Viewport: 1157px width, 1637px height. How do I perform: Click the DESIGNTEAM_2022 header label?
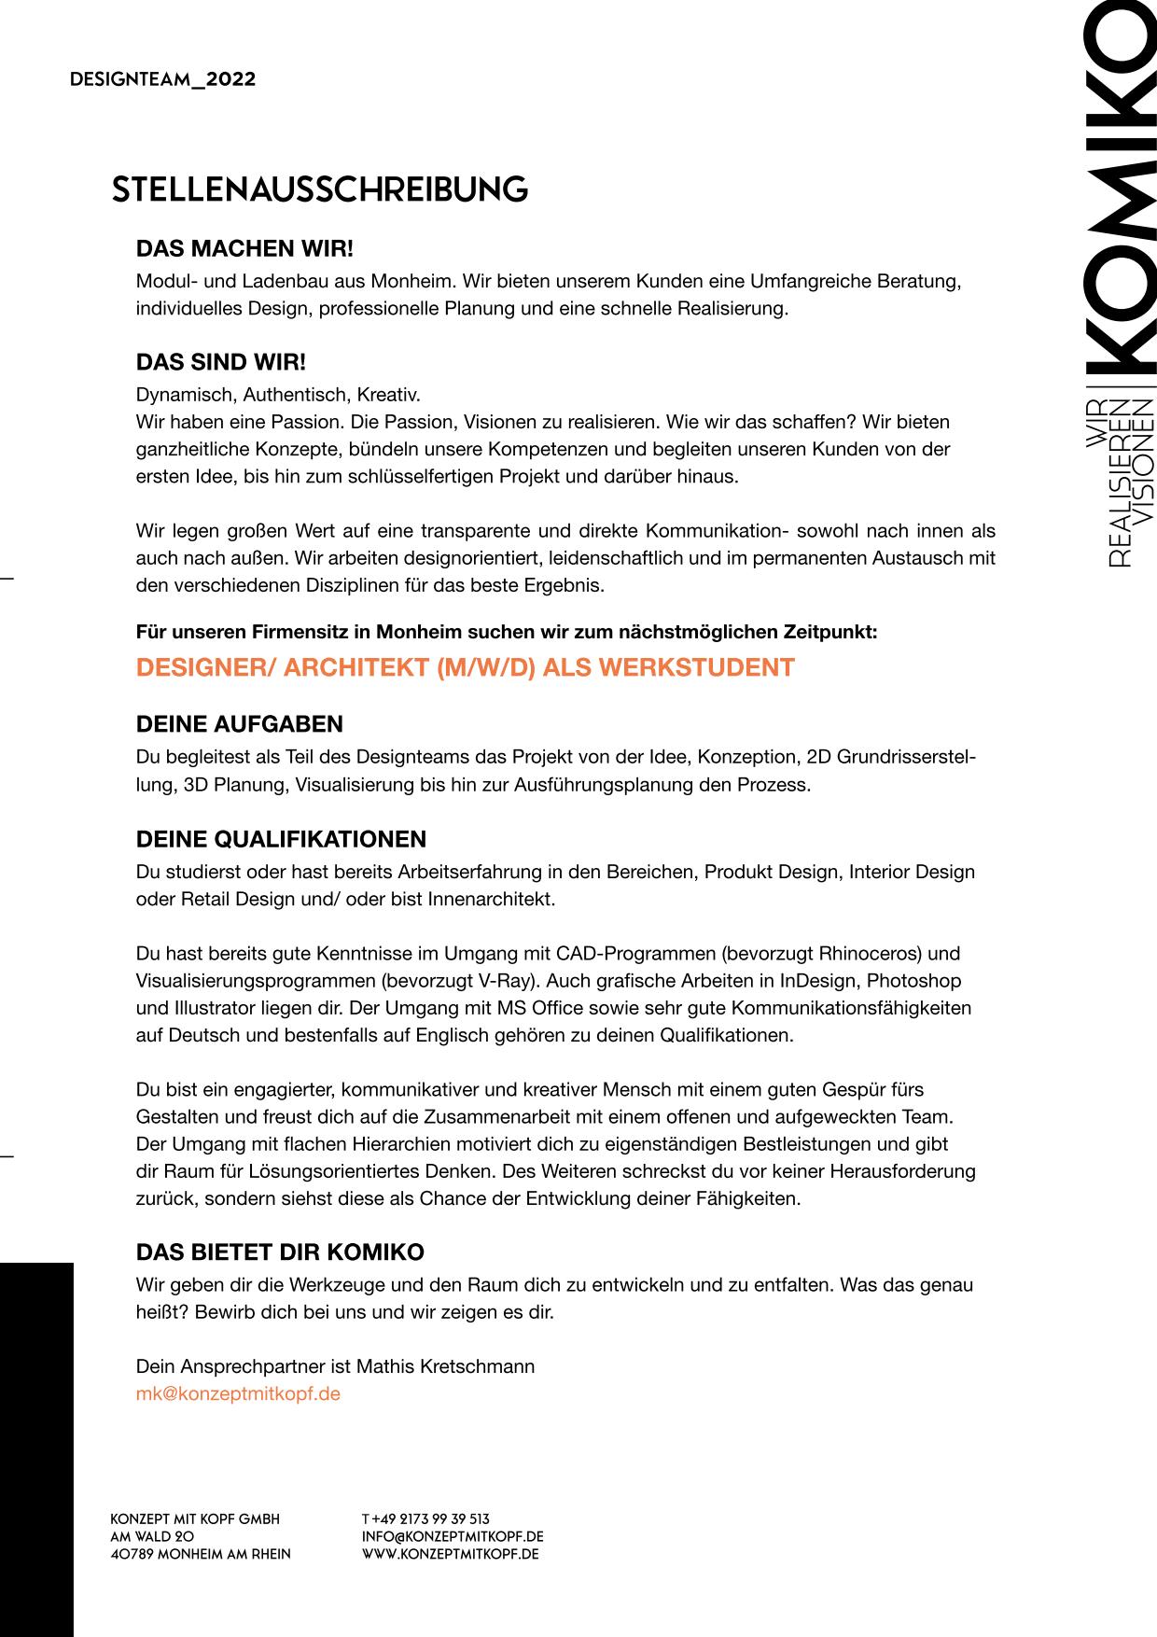162,79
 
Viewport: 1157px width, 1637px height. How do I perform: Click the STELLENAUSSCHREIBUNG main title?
319,189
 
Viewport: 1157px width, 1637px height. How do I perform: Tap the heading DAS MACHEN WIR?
244,249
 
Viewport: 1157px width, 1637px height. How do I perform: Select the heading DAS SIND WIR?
221,362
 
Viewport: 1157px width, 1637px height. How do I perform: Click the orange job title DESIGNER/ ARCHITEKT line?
465,667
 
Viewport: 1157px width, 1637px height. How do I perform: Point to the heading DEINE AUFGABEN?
240,724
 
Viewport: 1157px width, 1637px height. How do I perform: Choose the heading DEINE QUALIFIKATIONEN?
281,839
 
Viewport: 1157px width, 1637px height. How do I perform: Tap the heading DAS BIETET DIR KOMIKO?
280,1252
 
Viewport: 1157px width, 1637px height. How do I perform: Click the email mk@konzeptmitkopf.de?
238,1393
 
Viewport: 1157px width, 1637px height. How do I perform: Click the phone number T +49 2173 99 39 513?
425,1518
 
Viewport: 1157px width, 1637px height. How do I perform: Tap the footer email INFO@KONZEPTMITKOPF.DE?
453,1536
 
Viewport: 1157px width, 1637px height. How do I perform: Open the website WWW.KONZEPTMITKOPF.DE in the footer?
450,1554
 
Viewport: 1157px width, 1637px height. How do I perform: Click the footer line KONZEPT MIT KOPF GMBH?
195,1518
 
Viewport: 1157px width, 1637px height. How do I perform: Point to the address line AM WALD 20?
152,1536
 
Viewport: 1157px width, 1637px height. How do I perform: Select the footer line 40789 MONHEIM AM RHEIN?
201,1554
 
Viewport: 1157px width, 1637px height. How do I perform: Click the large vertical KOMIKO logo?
1122,187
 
